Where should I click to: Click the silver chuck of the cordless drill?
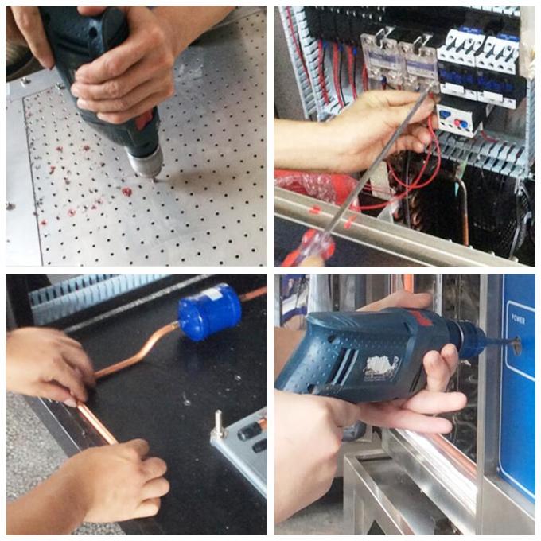[x=146, y=162]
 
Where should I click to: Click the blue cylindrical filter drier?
[x=208, y=311]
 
